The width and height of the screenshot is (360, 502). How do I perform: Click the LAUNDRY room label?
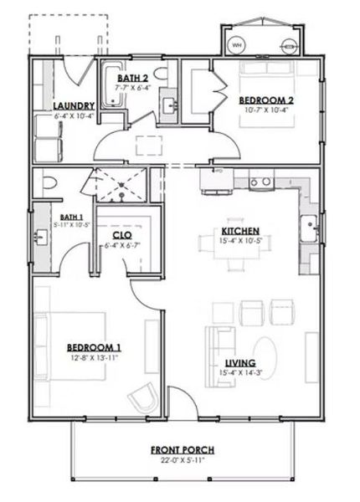point(73,105)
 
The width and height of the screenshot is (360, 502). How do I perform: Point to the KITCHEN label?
point(239,231)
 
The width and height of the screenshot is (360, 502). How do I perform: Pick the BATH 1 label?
point(47,215)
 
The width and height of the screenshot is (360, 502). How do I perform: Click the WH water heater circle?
point(236,44)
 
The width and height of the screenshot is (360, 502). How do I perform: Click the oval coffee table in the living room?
point(266,351)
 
